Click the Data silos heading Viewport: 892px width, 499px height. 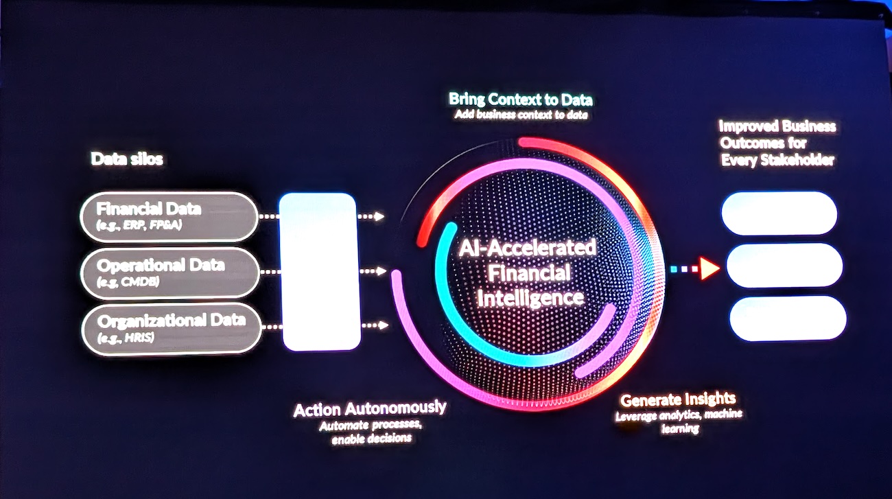[127, 159]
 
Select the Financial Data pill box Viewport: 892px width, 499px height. [167, 216]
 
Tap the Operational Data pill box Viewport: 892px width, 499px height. [170, 272]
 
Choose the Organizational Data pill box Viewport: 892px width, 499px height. [172, 328]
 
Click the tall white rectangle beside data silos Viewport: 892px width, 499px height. [320, 271]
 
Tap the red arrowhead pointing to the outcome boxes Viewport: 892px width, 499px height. [709, 269]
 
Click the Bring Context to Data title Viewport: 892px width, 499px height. [520, 100]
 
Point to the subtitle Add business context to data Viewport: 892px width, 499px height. [521, 115]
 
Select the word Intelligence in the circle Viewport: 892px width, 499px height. [530, 299]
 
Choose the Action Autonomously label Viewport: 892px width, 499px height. [370, 409]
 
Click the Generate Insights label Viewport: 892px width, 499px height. [678, 399]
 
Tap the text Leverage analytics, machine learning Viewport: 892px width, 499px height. [678, 421]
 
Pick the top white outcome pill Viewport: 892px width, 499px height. [779, 213]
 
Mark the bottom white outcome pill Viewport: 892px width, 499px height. [787, 318]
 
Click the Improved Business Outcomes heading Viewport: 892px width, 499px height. [777, 143]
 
